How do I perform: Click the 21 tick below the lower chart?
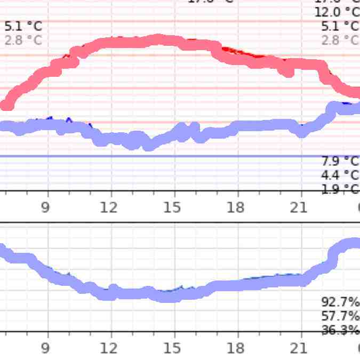click(299, 349)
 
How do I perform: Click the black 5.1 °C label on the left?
click(23, 26)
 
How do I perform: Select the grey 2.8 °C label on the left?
click(23, 39)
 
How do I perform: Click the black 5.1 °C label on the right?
click(340, 26)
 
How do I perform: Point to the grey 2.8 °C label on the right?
click(340, 39)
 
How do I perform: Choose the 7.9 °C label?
click(340, 161)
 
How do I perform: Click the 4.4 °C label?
click(340, 174)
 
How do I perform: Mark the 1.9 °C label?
click(340, 188)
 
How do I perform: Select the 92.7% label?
click(340, 301)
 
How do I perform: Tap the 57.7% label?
click(340, 315)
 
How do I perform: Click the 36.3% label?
click(340, 330)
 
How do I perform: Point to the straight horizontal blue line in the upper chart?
click(160, 156)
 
